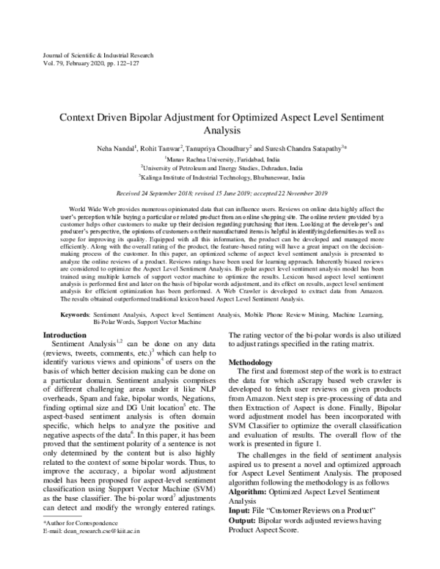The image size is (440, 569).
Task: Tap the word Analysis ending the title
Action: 219,131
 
